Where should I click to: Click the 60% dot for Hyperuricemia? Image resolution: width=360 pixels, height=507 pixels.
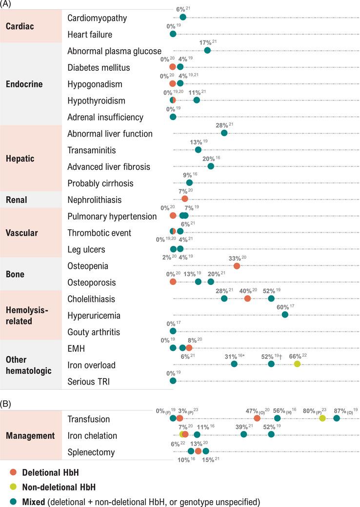(285, 315)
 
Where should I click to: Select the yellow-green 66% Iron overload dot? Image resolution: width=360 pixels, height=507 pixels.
(297, 364)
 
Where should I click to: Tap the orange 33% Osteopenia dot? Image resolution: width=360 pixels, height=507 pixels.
(237, 266)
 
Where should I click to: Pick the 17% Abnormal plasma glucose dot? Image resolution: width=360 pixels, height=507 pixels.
(207, 50)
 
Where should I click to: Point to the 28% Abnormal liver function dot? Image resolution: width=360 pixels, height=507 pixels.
(224, 133)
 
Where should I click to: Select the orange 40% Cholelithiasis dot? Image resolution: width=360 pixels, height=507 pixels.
(247, 298)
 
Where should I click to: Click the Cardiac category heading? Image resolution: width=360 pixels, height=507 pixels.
(20, 26)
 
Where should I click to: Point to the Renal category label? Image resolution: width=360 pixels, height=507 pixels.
(17, 199)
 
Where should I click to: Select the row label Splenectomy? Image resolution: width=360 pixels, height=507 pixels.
(91, 452)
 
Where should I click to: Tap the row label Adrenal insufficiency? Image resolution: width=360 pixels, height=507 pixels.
(105, 117)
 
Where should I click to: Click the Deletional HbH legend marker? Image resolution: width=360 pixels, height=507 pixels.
(13, 472)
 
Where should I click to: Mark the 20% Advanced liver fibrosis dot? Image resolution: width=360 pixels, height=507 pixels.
(211, 166)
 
